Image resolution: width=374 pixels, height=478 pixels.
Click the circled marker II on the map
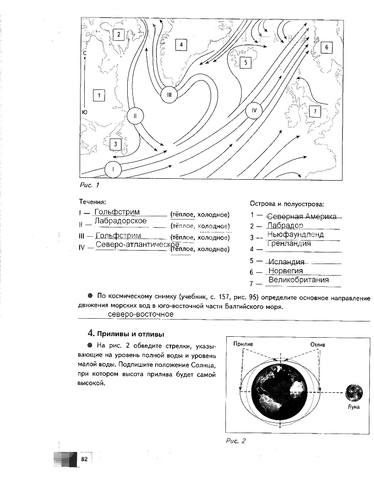(134, 116)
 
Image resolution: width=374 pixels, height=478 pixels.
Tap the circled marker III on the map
(169, 95)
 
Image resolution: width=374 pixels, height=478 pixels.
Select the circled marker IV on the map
(254, 111)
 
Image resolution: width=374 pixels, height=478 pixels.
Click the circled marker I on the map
(112, 170)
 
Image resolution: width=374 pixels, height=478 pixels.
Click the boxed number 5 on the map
(245, 62)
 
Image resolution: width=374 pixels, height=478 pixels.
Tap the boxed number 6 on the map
(326, 47)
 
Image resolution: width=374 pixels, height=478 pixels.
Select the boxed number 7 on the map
(315, 112)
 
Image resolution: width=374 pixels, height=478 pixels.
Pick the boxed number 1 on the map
(99, 96)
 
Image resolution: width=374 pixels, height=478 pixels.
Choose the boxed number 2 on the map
(118, 34)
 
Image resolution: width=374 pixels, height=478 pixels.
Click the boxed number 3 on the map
(115, 145)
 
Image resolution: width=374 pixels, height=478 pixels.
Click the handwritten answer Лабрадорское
(120, 221)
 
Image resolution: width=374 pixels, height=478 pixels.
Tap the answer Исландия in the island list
(286, 262)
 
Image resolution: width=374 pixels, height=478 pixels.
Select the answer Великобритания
(299, 280)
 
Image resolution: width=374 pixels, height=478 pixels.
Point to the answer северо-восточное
(141, 314)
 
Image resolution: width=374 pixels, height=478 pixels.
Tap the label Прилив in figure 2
(243, 345)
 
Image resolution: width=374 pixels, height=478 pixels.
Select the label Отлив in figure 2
(318, 345)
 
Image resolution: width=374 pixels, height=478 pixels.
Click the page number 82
(84, 459)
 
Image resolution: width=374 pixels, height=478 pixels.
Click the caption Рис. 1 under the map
(90, 185)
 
